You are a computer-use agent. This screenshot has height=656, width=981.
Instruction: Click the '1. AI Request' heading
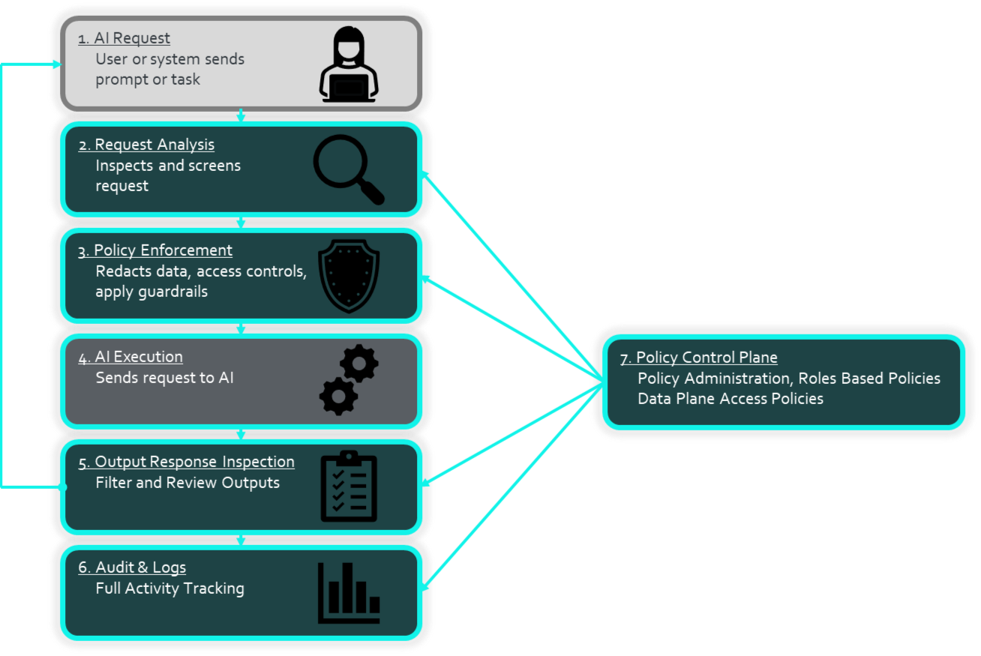[x=124, y=38]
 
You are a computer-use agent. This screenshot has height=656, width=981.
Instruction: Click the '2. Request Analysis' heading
[x=146, y=145]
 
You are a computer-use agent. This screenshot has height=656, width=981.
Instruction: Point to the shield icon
[x=349, y=275]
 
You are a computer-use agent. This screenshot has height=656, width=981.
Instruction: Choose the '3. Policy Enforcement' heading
[x=155, y=250]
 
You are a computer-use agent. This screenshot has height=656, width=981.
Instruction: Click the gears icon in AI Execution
[x=349, y=380]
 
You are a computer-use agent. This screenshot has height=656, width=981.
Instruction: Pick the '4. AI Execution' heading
[x=130, y=357]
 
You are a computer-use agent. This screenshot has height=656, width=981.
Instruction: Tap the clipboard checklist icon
[x=349, y=487]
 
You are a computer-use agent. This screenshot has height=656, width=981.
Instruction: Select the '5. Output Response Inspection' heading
[x=186, y=462]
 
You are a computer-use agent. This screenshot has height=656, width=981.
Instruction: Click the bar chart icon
[x=349, y=592]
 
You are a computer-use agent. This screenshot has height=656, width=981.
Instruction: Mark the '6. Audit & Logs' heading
[x=132, y=568]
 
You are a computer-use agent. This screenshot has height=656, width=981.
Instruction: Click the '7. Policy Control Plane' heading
[x=698, y=358]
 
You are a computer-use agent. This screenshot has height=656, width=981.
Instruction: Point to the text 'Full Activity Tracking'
[x=169, y=589]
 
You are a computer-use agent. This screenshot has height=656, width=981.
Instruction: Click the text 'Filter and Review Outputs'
[x=187, y=483]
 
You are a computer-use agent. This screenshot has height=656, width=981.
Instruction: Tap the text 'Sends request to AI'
[x=164, y=378]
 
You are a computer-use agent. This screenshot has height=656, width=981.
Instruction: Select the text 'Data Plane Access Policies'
[x=730, y=399]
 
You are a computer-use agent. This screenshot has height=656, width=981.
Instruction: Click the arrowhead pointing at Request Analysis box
[x=424, y=175]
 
